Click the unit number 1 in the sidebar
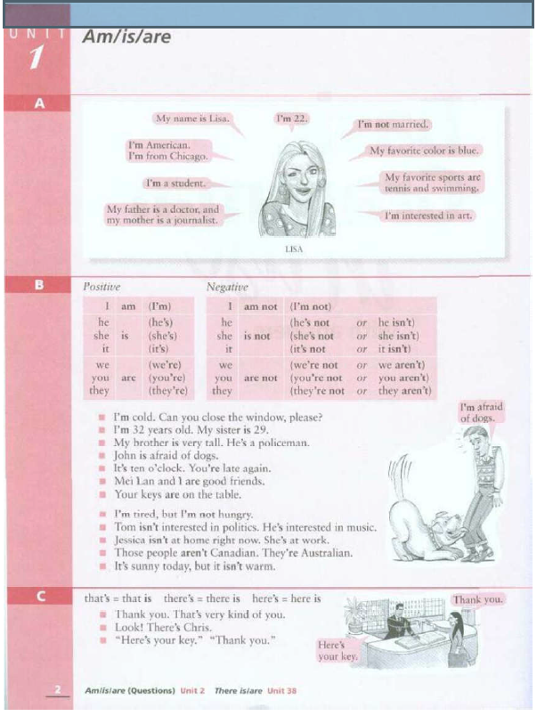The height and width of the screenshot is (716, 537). click(x=37, y=58)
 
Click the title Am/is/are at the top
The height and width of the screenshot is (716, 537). click(x=126, y=37)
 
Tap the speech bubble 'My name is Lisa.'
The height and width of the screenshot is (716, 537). click(x=192, y=118)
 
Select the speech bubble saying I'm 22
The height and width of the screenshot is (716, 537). click(x=292, y=118)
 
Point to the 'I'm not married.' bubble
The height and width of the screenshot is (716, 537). click(x=393, y=124)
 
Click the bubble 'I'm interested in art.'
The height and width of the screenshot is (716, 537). click(x=427, y=216)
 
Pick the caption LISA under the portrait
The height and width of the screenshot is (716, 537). click(x=294, y=249)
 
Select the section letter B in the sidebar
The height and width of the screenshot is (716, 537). click(x=39, y=285)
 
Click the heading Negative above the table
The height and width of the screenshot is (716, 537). click(x=227, y=287)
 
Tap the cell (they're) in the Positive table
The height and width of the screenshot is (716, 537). click(x=168, y=391)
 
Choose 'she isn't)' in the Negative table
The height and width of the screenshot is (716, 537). click(x=398, y=336)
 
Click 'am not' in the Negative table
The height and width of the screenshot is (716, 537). click(x=260, y=307)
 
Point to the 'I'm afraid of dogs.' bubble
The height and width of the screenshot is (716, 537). click(x=481, y=412)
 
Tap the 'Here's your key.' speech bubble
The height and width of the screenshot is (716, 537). click(x=338, y=651)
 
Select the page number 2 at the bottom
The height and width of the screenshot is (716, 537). click(x=58, y=689)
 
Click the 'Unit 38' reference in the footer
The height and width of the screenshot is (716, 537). click(x=281, y=691)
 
